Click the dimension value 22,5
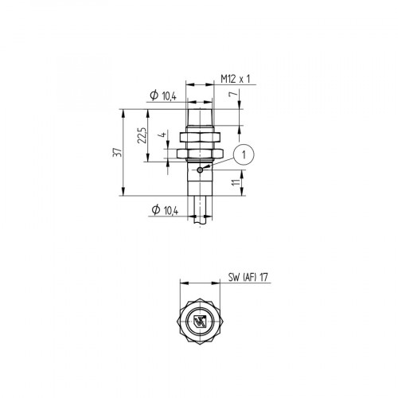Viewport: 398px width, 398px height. coord(141,135)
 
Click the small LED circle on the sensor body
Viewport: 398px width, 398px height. coord(198,168)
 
